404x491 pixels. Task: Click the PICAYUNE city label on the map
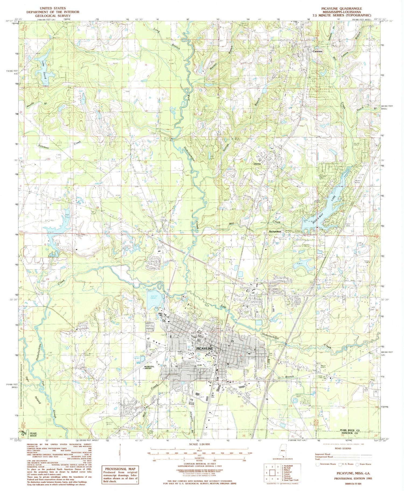(x=205, y=349)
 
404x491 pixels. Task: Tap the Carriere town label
(x=316, y=51)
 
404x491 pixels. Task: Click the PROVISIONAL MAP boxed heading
(x=120, y=469)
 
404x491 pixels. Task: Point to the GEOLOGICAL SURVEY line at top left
(x=53, y=16)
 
